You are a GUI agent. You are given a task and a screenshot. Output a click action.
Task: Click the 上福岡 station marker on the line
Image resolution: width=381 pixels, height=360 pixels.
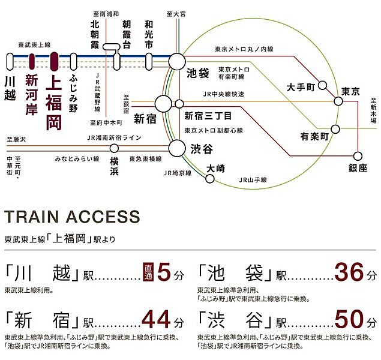[x=54, y=62]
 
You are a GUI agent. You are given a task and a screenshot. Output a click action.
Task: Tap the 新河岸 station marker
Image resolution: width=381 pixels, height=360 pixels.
[x=32, y=62]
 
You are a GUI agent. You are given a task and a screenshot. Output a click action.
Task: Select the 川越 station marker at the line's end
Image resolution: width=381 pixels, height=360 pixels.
[x=10, y=62]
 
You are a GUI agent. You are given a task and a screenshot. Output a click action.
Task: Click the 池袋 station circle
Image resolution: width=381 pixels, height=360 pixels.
[x=177, y=62]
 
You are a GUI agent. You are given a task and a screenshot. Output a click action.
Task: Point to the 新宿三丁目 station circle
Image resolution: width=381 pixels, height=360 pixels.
[x=179, y=104]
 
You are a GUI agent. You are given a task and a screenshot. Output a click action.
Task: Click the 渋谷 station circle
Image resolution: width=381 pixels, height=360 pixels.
[x=177, y=148]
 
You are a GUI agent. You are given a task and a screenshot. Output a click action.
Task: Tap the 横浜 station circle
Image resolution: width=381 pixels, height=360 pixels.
[x=114, y=148]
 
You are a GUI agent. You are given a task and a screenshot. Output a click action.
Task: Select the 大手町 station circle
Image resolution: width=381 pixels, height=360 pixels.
[x=322, y=85]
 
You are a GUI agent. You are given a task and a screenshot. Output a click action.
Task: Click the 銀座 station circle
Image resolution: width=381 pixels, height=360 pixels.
[x=358, y=156]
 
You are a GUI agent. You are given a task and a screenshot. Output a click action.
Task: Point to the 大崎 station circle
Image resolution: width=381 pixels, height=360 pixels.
[x=210, y=179]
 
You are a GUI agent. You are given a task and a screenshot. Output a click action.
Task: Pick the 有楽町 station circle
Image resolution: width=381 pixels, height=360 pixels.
[x=335, y=129]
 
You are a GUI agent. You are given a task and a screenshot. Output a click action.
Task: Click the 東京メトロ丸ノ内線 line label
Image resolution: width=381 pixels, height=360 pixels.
[x=244, y=49]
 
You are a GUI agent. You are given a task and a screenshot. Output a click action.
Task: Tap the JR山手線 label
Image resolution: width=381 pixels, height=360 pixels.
[x=253, y=180]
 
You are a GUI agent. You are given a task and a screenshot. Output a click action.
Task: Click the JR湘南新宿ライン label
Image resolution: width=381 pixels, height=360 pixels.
[x=115, y=138]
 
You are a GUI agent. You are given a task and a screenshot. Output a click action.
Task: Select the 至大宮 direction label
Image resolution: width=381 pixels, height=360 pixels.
[x=176, y=14]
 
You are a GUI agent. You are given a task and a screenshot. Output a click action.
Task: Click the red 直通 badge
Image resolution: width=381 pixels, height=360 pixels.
[x=148, y=272]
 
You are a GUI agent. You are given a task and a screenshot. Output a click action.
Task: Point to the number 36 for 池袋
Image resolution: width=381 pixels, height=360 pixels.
[x=349, y=272]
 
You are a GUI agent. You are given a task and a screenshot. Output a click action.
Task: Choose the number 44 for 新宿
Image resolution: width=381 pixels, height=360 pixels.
[x=156, y=319]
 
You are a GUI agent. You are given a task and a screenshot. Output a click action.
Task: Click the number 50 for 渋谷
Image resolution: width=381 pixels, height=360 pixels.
[x=349, y=319]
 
